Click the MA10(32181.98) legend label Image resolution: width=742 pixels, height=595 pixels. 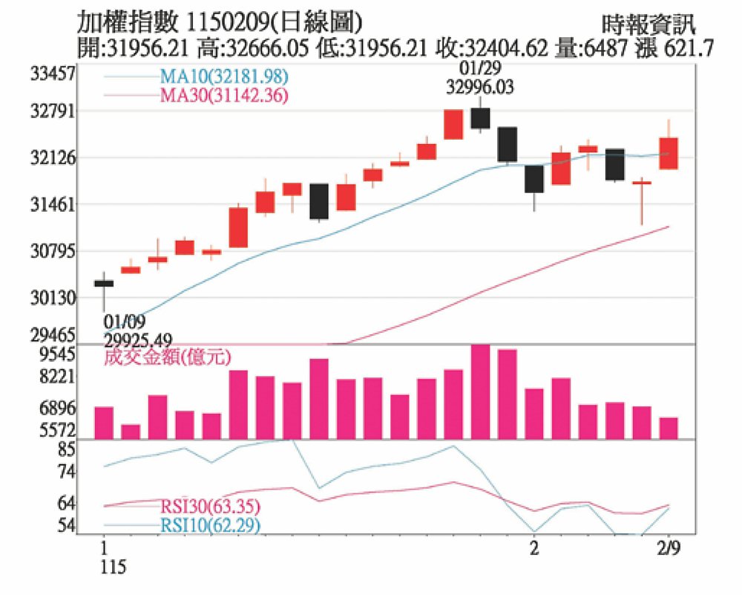tap(223, 77)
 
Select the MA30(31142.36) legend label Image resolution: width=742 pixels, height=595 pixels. tap(223, 95)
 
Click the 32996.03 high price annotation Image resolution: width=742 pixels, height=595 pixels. tap(481, 87)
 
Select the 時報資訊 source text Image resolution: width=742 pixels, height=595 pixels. tap(649, 25)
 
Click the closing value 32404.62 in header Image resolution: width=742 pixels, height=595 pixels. tap(506, 49)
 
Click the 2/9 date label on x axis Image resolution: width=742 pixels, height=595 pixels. tap(669, 550)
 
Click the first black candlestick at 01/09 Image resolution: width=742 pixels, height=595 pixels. tap(104, 283)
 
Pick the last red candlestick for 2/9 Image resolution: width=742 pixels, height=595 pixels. tap(669, 153)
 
